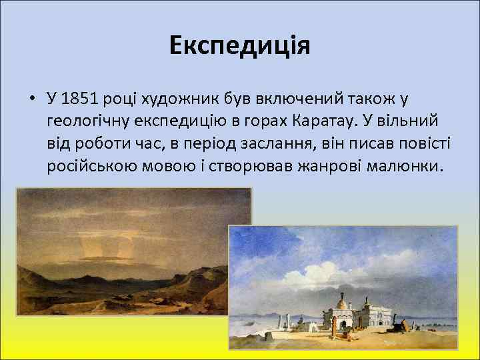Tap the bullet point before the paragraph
click(32, 100)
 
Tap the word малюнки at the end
click(407, 164)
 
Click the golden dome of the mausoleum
click(341, 303)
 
